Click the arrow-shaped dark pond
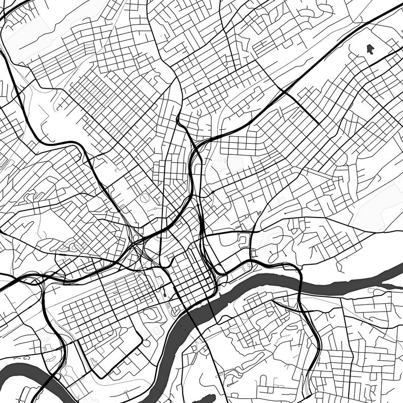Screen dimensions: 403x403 click(x=370, y=49)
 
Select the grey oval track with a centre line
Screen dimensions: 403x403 click(x=146, y=198)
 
